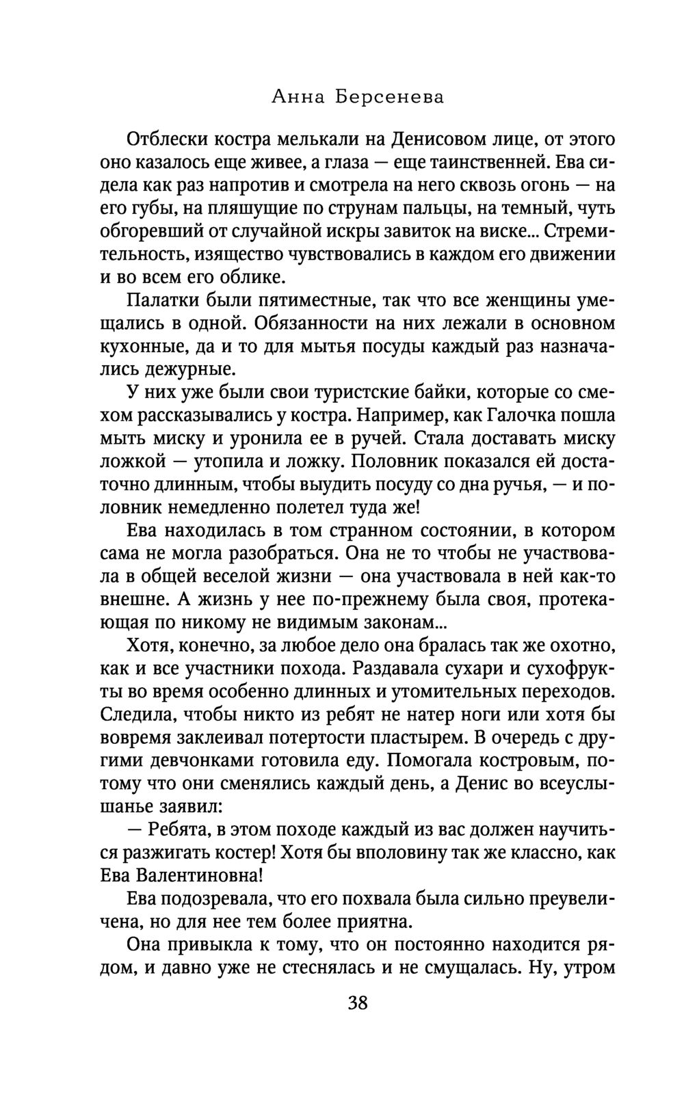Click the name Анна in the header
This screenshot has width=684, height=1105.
tap(297, 98)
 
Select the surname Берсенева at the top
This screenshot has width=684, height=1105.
tap(389, 98)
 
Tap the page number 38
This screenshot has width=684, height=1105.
tap(358, 1003)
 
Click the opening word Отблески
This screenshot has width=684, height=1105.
tap(166, 139)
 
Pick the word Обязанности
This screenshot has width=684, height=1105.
tap(319, 323)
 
